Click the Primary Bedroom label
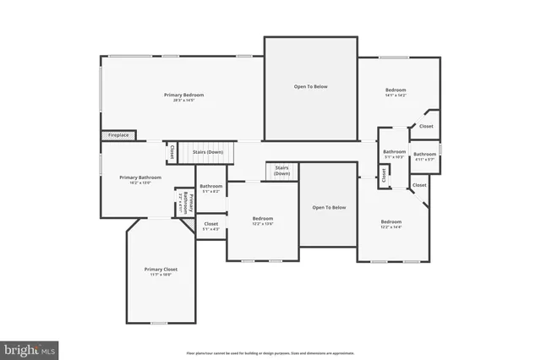[x=183, y=95]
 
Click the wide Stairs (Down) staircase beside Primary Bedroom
[x=208, y=153]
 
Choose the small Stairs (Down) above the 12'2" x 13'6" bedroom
[x=281, y=171]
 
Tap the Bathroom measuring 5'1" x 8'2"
[x=210, y=188]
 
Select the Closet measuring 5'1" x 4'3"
[x=210, y=226]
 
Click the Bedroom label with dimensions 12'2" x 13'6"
[x=263, y=220]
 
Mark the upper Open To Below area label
[x=310, y=86]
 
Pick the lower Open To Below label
[x=329, y=207]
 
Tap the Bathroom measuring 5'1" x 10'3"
[x=394, y=154]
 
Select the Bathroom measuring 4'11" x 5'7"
[x=424, y=155]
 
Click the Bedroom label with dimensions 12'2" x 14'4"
[x=391, y=224]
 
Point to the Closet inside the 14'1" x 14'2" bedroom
[x=426, y=127]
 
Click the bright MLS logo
[x=30, y=348]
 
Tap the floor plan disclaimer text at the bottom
[x=270, y=352]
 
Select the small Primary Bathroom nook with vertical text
[x=185, y=204]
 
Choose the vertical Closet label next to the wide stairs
[x=172, y=153]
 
